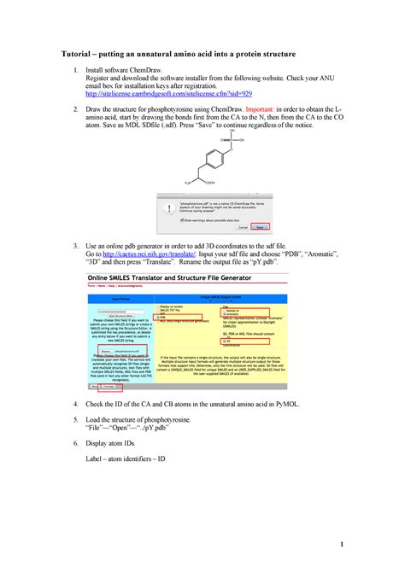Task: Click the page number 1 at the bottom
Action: (340, 544)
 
